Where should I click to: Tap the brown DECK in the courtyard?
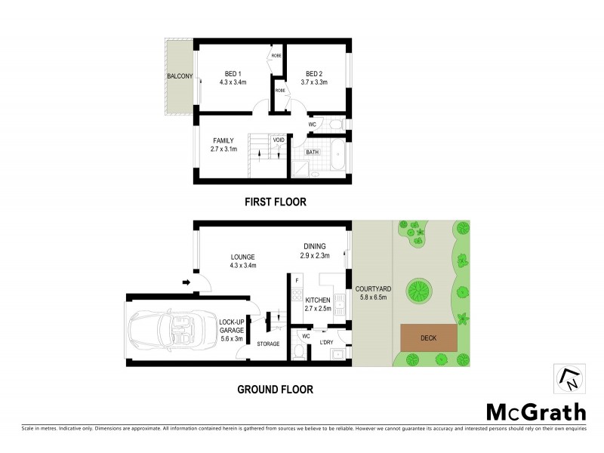[428, 337]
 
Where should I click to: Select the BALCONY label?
[180, 76]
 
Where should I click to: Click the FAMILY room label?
[223, 140]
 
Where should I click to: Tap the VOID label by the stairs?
[279, 140]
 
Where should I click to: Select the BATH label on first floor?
[313, 152]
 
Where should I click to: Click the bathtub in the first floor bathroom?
[336, 159]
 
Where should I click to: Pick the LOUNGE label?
[242, 257]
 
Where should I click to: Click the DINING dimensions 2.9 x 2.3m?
[315, 255]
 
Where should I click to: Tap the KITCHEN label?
[317, 300]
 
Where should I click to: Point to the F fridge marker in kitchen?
[297, 281]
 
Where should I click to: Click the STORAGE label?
[267, 344]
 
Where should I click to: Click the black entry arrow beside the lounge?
[186, 283]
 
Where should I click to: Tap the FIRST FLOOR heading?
[274, 202]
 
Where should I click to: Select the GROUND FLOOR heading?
[274, 390]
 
